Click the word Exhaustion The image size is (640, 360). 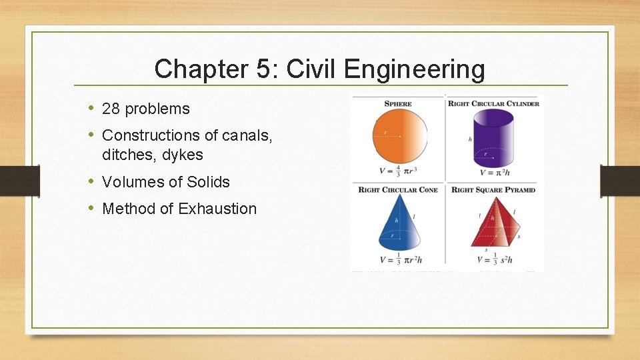pos(217,209)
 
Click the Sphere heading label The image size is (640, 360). pos(398,103)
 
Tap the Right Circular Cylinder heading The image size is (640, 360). pos(493,103)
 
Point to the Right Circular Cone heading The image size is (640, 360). pos(398,190)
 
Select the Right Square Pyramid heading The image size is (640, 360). pos(493,190)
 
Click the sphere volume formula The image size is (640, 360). pos(398,171)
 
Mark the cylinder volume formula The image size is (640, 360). pos(495,173)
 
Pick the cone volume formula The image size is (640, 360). pos(398,259)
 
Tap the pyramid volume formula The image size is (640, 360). pos(495,259)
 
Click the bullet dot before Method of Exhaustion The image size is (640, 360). pos(91,208)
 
